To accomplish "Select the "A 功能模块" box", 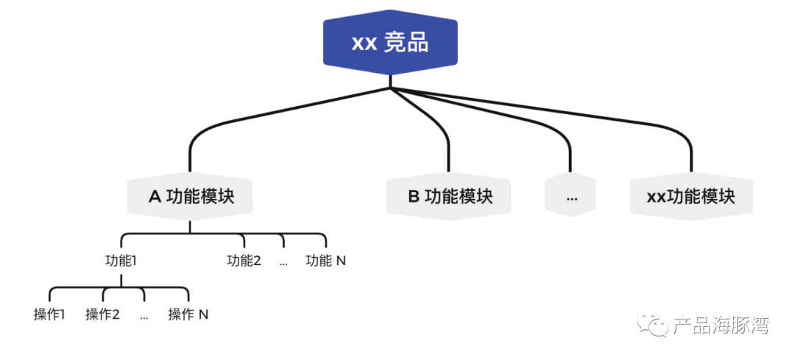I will [x=190, y=197].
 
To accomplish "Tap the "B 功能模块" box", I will [x=449, y=197].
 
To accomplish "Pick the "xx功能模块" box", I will [x=690, y=197].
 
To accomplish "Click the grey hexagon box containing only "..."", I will [x=570, y=197].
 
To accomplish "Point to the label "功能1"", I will [x=121, y=260].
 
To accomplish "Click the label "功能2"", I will [x=244, y=260].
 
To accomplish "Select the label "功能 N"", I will [x=325, y=260].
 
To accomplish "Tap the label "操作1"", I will [x=49, y=314].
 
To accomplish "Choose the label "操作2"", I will [x=102, y=314].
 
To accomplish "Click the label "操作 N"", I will [x=188, y=314].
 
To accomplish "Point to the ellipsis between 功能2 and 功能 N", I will [x=283, y=261].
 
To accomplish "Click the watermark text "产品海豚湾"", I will [x=721, y=325].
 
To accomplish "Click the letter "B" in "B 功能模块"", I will [x=414, y=197].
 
